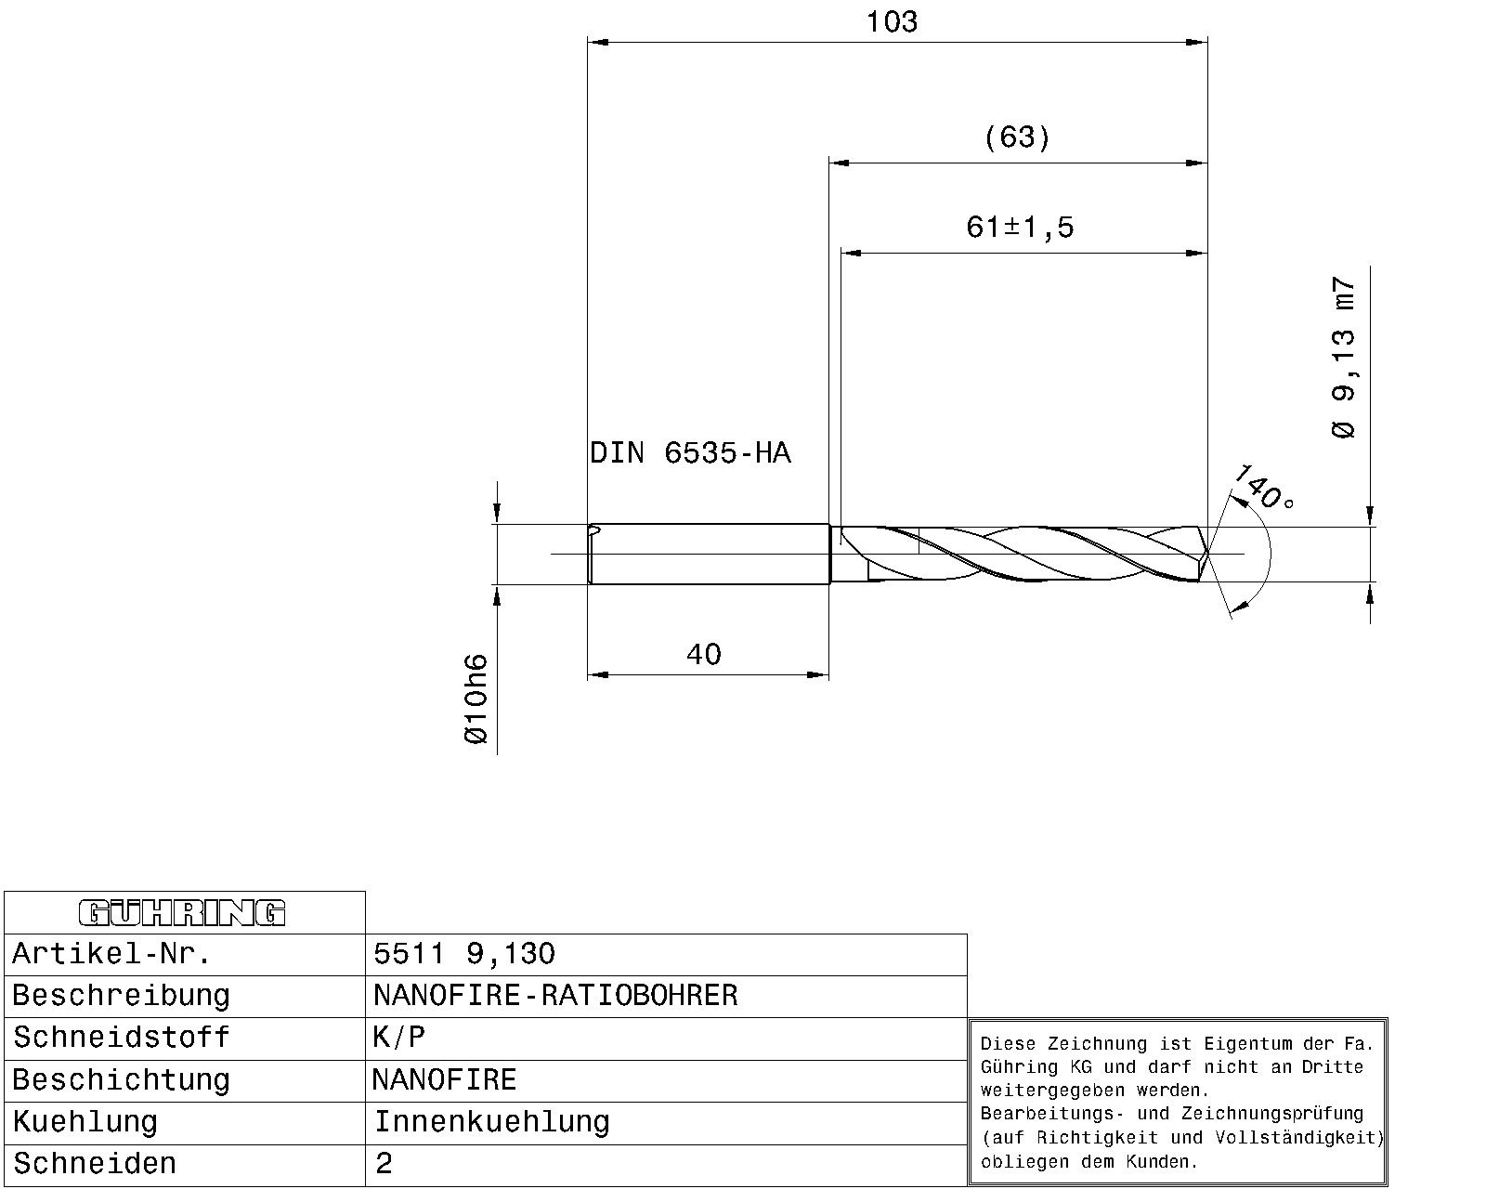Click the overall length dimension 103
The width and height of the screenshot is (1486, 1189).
coord(892,22)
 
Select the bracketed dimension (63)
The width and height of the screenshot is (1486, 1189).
coord(1017,137)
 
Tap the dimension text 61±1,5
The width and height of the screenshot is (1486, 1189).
coord(1020,227)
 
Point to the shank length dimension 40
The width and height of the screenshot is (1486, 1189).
coord(703,655)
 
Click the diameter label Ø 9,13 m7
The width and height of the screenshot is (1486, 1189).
coord(1343,358)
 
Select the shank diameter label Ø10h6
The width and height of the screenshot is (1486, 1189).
coord(475,699)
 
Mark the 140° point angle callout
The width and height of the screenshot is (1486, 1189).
coord(1262,489)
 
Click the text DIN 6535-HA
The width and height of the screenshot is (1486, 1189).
coord(690,453)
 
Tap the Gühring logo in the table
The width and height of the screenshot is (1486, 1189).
coord(183,913)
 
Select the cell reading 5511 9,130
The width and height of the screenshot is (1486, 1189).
coord(464,954)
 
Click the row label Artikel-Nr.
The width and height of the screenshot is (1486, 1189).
coord(111,954)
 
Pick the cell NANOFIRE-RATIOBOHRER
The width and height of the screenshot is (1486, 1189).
coord(555,996)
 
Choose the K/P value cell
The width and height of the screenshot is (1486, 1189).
coord(399,1038)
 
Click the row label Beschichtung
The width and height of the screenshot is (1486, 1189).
coord(121,1080)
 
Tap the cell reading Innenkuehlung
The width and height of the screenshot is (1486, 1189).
coord(491,1122)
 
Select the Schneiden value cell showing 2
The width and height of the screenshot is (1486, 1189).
coord(385,1164)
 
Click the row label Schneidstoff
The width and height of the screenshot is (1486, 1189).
coord(121,1038)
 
